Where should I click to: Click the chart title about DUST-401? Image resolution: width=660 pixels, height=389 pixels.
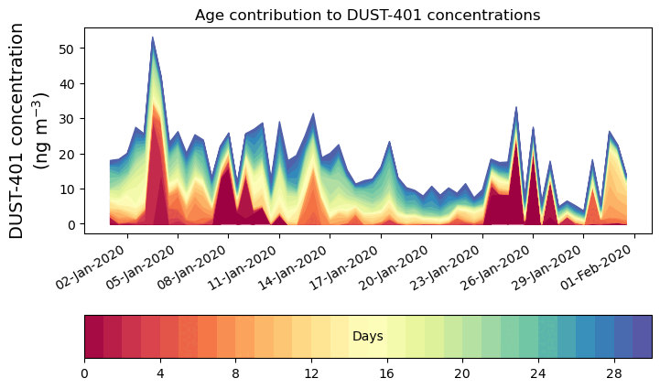(367, 15)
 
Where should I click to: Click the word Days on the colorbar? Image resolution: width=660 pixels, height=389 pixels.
(367, 337)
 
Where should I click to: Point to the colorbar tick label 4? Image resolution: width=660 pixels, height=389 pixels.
(160, 373)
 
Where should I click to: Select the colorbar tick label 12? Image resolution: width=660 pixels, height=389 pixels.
(311, 373)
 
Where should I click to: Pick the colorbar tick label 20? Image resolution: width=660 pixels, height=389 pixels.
(462, 373)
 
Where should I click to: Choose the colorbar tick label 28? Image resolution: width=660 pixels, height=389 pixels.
(613, 373)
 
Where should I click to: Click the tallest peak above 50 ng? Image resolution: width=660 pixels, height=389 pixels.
(153, 39)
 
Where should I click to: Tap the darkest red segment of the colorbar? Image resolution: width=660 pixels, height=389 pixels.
(93, 337)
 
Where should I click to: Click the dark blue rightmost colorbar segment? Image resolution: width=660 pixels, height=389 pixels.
(642, 337)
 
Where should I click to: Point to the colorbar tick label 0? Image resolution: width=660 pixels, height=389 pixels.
(84, 373)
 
